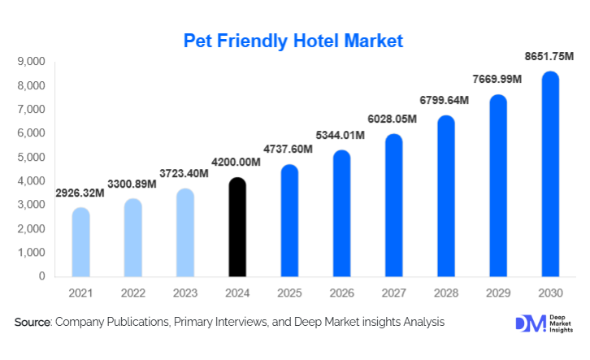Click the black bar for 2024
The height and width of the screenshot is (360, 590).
click(237, 227)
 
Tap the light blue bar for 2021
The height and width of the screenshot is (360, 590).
click(81, 242)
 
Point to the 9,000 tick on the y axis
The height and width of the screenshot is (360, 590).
click(30, 62)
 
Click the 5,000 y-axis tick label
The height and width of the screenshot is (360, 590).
click(30, 157)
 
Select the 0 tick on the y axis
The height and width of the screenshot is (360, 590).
click(41, 276)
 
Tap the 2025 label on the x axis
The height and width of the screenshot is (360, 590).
click(289, 291)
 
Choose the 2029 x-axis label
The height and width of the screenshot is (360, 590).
click(498, 291)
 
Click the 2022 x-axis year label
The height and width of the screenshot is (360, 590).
click(133, 291)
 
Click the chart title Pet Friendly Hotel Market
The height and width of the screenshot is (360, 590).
click(293, 40)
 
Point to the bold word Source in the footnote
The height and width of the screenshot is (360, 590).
click(33, 323)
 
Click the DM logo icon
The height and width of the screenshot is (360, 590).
click(526, 323)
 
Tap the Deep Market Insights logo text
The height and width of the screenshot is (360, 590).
click(558, 323)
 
